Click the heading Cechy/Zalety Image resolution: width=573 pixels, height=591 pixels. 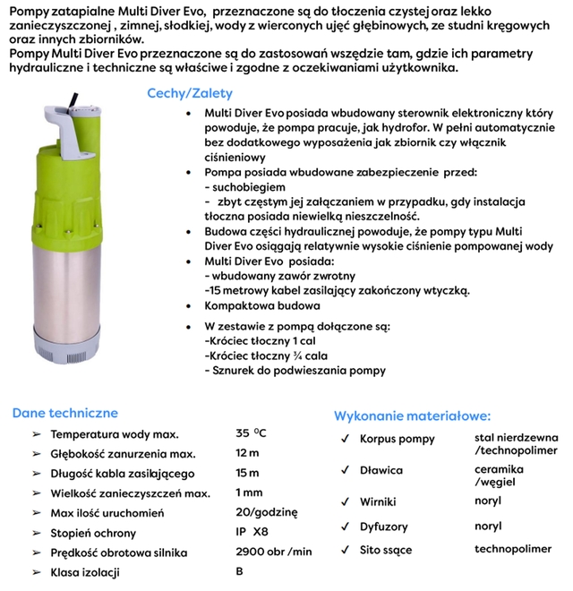[x=189, y=93]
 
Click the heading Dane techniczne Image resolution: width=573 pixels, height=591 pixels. [x=64, y=414]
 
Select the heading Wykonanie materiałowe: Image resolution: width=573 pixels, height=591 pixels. [x=412, y=416]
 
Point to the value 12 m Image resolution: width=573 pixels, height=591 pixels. [x=248, y=454]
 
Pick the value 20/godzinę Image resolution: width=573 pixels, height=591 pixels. [x=265, y=512]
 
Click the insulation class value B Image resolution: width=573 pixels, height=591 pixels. [x=239, y=571]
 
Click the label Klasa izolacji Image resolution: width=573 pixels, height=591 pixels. [x=85, y=572]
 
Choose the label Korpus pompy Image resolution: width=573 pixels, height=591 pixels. [x=397, y=439]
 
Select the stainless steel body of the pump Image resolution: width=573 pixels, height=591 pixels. [x=77, y=287]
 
